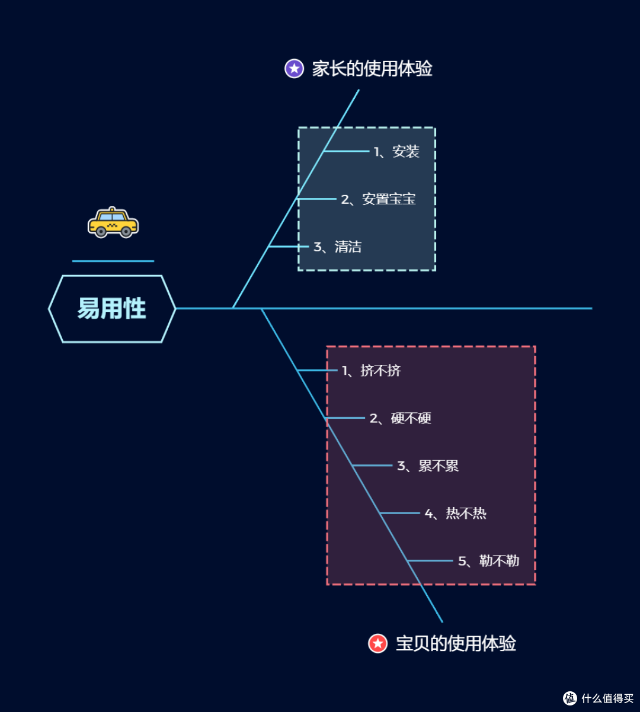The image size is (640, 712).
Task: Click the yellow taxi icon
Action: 113,223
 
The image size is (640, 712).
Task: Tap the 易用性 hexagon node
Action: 112,309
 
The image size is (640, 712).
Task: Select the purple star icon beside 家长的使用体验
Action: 295,69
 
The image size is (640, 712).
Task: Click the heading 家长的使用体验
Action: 372,69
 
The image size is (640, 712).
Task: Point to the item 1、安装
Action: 396,152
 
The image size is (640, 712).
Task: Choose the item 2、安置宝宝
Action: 378,199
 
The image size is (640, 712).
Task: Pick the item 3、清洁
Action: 337,247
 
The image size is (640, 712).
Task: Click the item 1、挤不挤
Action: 372,371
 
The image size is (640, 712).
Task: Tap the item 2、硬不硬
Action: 400,418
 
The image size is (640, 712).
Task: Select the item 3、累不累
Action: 428,466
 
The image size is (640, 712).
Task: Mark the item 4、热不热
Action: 455,514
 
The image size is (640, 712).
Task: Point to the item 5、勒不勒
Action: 488,561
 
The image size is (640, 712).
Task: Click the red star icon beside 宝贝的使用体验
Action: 378,643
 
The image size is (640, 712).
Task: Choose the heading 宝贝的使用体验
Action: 456,643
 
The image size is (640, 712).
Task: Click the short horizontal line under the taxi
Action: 113,261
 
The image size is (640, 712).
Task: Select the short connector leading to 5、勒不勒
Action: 430,560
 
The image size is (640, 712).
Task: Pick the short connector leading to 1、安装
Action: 346,151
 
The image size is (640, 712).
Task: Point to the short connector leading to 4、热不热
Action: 400,513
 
